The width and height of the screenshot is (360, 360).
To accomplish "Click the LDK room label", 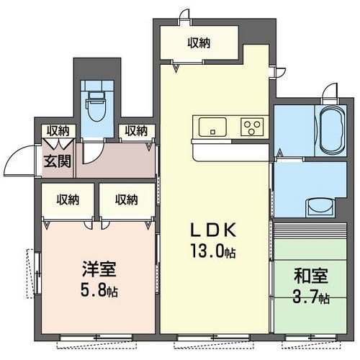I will pos(213,231).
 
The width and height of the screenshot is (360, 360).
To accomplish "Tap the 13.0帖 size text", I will pos(213,253).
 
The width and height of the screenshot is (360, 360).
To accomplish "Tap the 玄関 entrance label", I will pos(58,160).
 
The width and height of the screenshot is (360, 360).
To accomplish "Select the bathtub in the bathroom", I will pos(329,130).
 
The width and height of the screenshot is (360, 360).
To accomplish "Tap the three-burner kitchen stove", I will pos(251,127).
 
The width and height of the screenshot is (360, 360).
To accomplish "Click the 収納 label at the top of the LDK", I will pos(199,43).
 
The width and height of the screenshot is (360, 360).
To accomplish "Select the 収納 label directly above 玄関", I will pos(58,131).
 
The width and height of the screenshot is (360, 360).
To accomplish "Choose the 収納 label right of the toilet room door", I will pos(135,131).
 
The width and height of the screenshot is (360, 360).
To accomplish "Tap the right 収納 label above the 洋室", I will pos(126,199).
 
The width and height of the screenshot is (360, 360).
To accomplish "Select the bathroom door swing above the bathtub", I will pos(330,92).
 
